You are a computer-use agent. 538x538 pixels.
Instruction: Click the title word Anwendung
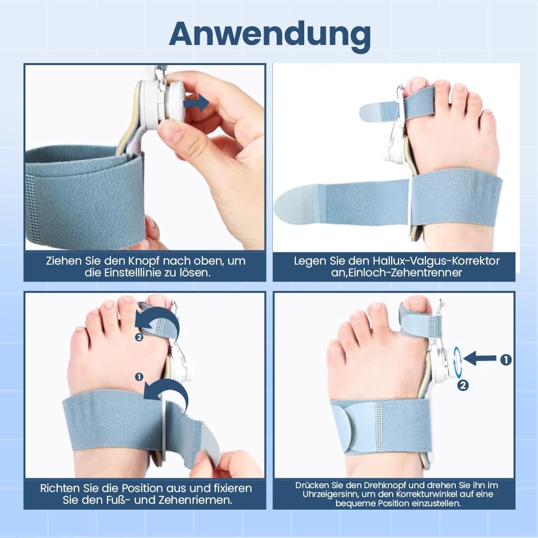tap(269, 34)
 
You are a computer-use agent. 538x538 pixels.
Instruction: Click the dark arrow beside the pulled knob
tap(196, 103)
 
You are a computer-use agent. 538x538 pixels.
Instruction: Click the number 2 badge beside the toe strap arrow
tap(139, 337)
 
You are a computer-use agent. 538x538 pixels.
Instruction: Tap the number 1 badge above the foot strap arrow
tap(139, 377)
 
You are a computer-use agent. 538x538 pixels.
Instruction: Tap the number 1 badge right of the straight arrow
tap(506, 360)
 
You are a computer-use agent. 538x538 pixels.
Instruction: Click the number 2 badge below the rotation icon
tap(463, 385)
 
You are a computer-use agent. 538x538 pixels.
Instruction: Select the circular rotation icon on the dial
tap(457, 360)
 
